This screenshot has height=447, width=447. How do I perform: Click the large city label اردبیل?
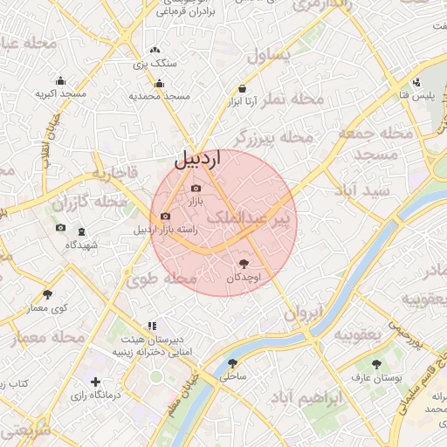pos(198,159)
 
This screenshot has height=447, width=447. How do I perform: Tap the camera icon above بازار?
pos(196,189)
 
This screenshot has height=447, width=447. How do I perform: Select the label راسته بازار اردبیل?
pos(166,230)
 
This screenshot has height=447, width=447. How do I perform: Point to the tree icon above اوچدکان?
pos(244,263)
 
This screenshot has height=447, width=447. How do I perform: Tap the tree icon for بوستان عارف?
pos(376,364)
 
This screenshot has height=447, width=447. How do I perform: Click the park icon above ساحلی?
pos(232,364)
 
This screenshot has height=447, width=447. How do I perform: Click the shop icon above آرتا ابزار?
pos(242,88)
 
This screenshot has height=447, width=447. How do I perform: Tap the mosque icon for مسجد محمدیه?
pos(159,84)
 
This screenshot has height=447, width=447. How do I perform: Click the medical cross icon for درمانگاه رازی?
pos(95,382)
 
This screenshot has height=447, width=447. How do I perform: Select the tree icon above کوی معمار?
pos(47,294)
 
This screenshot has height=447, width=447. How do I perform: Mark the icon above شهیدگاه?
pos(82,231)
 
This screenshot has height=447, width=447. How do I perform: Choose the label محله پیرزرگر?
pos(272,137)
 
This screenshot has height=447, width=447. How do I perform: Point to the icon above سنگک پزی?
pos(155,51)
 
